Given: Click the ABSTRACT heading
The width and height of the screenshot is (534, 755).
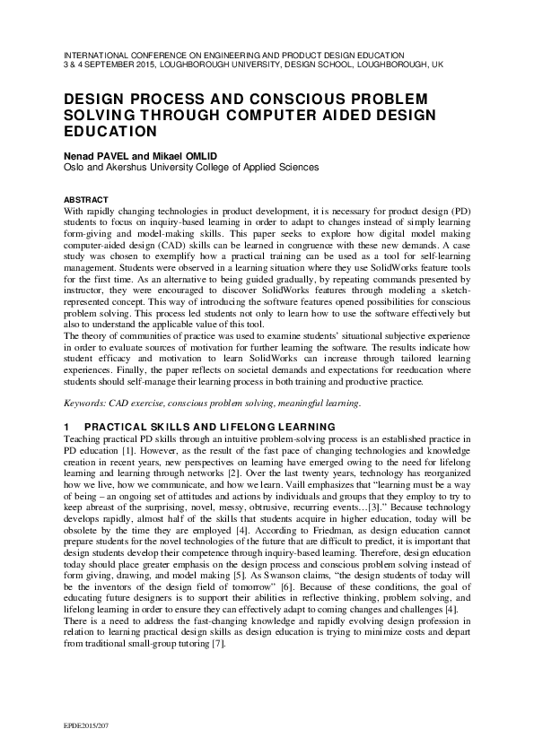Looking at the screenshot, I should [85, 199].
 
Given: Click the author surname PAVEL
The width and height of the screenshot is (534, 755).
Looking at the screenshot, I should [114, 154].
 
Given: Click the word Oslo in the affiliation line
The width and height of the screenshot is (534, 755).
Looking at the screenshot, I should [74, 167].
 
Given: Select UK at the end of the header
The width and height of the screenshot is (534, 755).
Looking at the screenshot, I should [437, 65].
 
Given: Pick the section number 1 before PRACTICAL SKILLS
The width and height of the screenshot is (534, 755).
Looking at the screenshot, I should [66, 426].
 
